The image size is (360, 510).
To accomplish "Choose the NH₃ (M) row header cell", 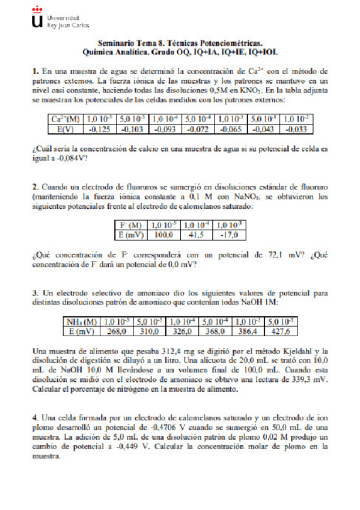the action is point(82,322).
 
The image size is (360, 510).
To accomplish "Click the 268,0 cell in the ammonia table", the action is point(115,331).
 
